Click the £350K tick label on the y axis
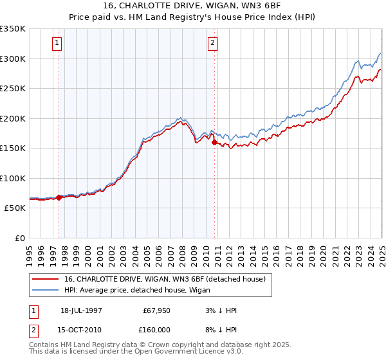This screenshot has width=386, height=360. click(13, 29)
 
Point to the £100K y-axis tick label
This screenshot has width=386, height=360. click(13, 178)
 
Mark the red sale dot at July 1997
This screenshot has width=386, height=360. click(59, 197)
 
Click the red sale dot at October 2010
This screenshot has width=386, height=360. click(215, 143)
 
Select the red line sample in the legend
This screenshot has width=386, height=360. click(46, 279)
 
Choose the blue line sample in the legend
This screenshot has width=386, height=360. click(46, 291)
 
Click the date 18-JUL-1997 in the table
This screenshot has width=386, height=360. click(81, 310)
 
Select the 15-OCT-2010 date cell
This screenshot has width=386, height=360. click(82, 329)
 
